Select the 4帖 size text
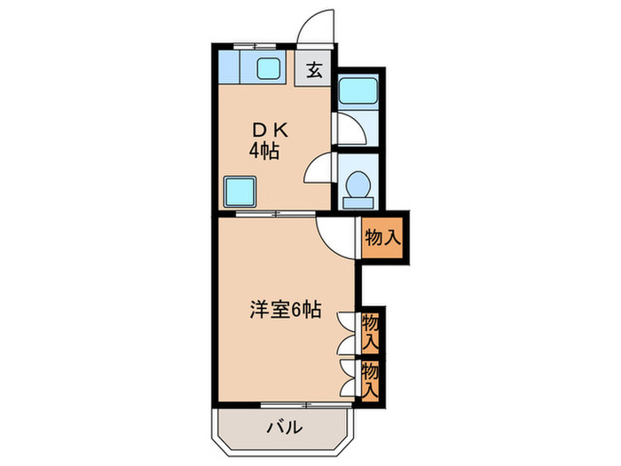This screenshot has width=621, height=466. coord(263,151)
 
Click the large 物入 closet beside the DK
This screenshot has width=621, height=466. coord(383,237)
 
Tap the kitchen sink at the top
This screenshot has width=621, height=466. coord(265,67)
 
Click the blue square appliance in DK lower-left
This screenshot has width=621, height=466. coord(239,190)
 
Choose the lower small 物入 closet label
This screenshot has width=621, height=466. coord(371,377)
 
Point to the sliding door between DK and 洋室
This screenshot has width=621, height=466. coord(275,213)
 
